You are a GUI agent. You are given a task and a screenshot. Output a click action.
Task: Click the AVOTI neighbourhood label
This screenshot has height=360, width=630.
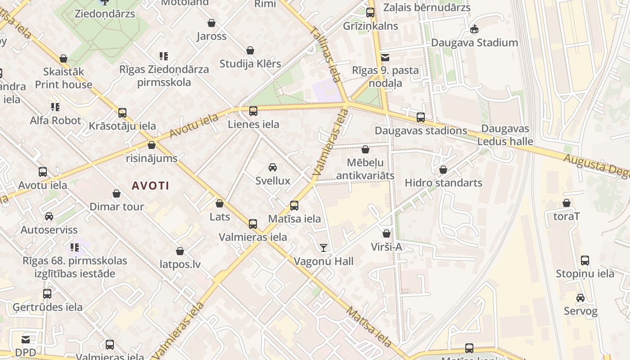click(x=150, y=185)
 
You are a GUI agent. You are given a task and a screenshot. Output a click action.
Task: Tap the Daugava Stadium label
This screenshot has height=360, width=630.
click(x=474, y=43)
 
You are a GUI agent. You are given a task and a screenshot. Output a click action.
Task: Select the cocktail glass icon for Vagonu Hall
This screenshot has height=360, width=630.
click(x=323, y=247)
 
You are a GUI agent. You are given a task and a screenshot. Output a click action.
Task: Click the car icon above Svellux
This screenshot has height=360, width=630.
click(x=272, y=167)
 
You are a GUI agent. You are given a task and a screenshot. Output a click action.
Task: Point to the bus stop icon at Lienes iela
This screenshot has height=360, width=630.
click(x=253, y=111)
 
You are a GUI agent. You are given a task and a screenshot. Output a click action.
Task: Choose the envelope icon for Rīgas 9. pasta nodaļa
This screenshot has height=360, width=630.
click(x=385, y=57)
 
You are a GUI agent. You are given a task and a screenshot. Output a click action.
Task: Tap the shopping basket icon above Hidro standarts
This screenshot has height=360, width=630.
click(x=443, y=170)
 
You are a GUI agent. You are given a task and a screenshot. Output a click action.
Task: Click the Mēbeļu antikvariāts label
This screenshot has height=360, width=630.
click(x=365, y=169)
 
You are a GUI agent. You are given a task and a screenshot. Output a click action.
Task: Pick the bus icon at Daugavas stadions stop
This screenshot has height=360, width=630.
click(x=421, y=117)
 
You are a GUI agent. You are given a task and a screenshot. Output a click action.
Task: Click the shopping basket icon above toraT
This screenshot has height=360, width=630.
click(x=567, y=203)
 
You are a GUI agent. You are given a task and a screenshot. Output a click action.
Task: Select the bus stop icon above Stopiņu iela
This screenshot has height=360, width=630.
click(x=585, y=260)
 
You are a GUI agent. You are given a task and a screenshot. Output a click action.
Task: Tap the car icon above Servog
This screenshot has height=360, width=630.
click(x=580, y=298)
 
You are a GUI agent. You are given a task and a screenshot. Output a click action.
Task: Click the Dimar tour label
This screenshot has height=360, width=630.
click(x=117, y=207)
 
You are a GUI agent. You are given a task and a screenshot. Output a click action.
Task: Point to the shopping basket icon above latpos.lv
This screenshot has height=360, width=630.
click(x=180, y=251)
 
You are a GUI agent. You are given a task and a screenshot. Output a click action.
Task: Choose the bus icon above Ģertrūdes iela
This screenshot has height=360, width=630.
click(x=47, y=294)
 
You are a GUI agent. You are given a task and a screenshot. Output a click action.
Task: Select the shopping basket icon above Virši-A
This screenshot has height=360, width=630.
click(x=386, y=234)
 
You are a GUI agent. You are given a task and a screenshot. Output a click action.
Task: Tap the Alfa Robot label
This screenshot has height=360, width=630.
click(x=55, y=121)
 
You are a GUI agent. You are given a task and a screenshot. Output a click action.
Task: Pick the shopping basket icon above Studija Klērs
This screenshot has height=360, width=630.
click(x=250, y=50)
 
